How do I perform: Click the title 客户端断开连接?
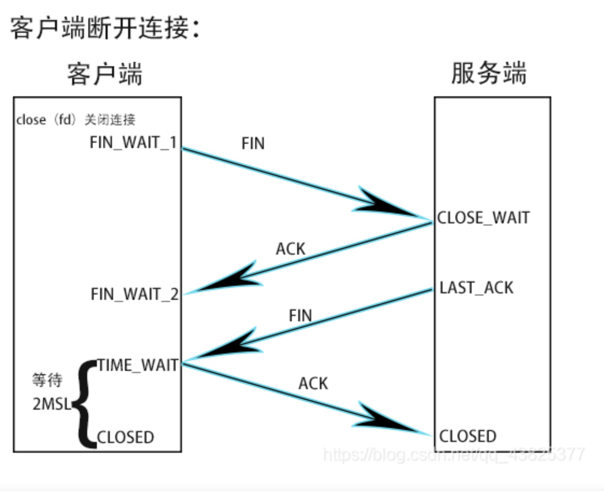(104, 29)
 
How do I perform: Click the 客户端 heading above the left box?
(105, 74)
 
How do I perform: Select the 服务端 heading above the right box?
(489, 74)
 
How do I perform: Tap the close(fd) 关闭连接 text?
(80, 120)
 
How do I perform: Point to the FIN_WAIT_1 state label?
(134, 143)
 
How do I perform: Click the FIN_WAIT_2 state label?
(135, 294)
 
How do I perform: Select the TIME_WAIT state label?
(138, 366)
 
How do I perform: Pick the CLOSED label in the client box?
(125, 437)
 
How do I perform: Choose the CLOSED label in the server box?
(468, 436)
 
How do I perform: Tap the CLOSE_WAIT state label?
(483, 217)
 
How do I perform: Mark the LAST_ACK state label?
(476, 288)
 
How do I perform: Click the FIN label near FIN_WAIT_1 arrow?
(253, 144)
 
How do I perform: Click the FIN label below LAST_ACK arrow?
(300, 315)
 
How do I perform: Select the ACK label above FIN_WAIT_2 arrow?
(291, 249)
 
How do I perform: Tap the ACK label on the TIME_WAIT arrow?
(313, 383)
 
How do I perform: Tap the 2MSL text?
(52, 404)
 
